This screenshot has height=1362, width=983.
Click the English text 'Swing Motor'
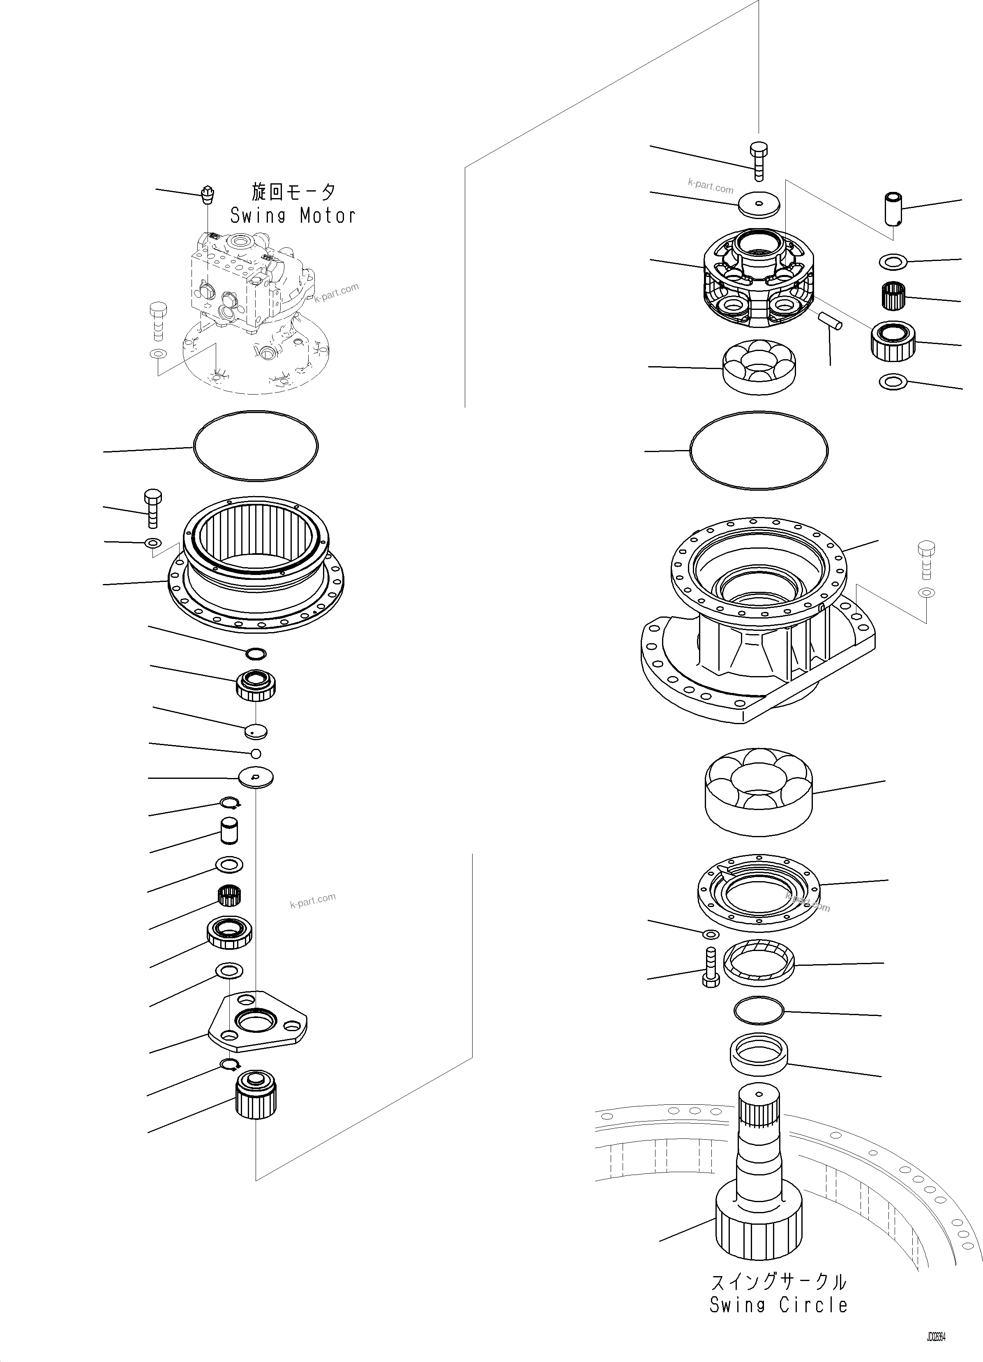pos(293,216)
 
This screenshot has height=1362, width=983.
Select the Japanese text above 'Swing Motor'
pos(293,192)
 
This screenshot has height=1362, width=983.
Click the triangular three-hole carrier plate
pos(257,1021)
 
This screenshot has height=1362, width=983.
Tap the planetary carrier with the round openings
pos(758,279)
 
